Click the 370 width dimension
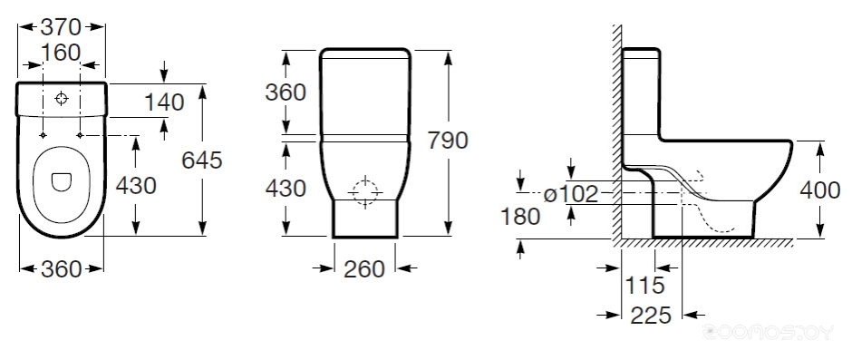click(x=61, y=26)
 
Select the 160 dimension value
click(x=61, y=53)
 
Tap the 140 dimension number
click(x=164, y=102)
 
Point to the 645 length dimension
click(x=202, y=160)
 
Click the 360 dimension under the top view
click(x=61, y=268)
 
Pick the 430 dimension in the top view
click(x=136, y=185)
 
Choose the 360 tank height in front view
click(x=286, y=92)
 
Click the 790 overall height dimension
click(x=448, y=141)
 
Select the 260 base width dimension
click(x=364, y=268)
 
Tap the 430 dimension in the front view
click(x=286, y=188)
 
